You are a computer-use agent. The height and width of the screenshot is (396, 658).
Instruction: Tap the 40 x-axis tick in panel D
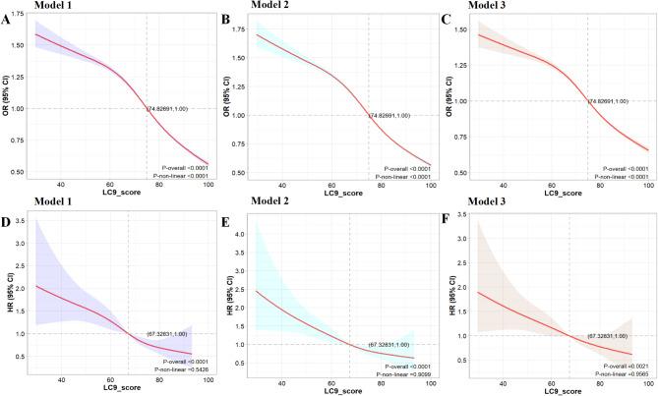pos(62,380)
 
